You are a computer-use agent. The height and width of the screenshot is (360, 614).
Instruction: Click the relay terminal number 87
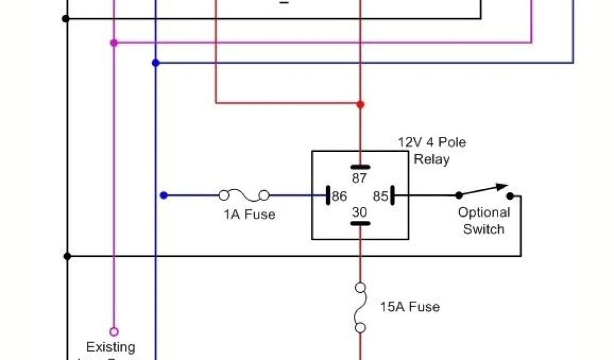360,178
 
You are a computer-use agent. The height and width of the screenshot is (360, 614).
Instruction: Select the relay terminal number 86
340,196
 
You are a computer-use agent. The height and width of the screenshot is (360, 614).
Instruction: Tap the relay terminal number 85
380,196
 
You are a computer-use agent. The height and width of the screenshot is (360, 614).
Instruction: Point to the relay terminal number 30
360,212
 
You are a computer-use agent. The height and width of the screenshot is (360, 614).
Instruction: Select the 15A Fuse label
410,307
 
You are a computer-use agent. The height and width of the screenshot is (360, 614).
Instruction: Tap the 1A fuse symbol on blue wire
244,195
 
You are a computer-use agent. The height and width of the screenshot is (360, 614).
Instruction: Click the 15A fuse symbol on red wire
360,307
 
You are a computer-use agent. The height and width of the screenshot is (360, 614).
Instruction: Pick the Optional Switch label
484,221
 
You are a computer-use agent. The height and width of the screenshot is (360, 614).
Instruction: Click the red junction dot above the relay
360,104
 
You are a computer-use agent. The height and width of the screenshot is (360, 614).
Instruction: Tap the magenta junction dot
114,43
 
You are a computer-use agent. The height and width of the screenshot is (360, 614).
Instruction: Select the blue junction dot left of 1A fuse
164,195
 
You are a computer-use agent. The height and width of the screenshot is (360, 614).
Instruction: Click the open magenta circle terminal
114,331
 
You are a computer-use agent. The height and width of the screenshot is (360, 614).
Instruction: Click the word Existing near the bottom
111,347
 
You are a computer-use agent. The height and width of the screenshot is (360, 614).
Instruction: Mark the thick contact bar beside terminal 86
329,196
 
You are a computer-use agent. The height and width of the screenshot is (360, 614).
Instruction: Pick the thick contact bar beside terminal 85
392,196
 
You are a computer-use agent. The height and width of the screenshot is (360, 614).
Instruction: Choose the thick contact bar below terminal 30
360,224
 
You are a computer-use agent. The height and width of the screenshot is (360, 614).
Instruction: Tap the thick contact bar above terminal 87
360,167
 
